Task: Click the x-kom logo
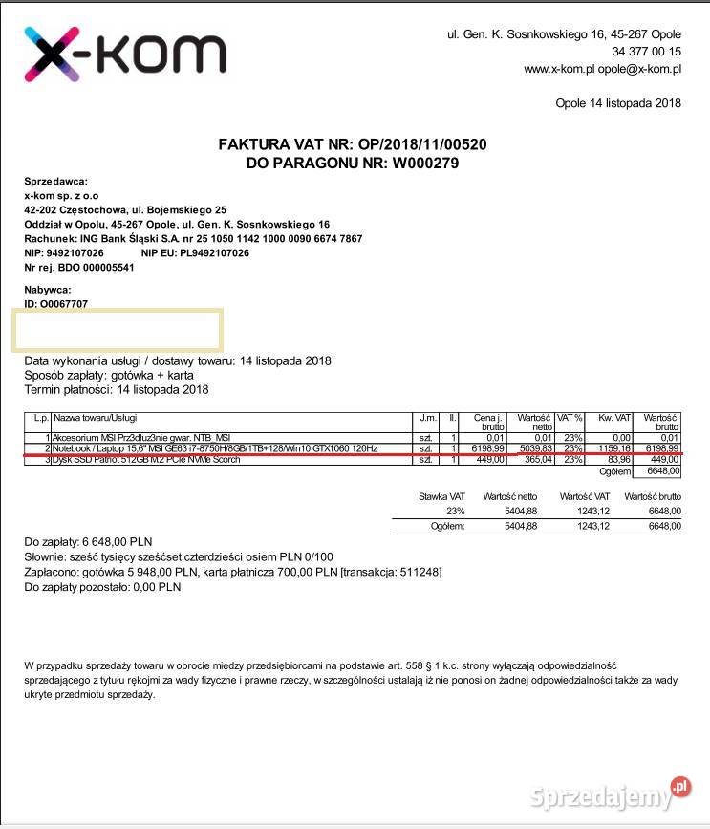click(x=124, y=54)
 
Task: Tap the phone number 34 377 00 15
click(x=646, y=52)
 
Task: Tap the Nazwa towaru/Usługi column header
click(x=96, y=419)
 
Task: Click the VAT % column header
click(x=570, y=419)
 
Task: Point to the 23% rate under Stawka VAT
click(x=455, y=512)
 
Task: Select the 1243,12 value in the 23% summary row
click(x=591, y=512)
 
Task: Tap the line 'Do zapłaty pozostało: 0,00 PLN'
click(x=102, y=588)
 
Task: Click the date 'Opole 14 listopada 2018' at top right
click(x=617, y=103)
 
